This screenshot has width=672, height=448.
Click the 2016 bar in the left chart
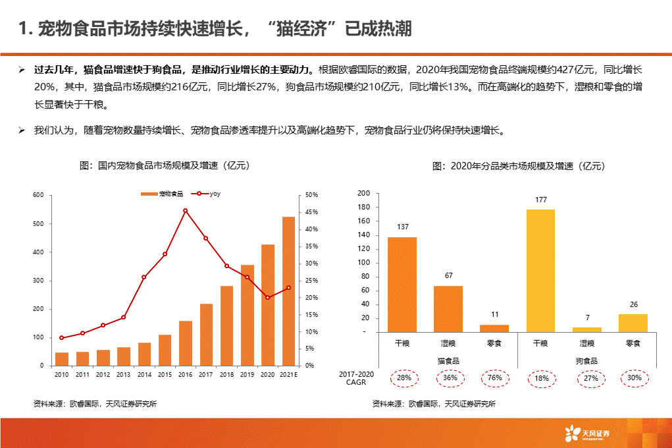186,343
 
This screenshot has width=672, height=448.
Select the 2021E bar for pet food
288,291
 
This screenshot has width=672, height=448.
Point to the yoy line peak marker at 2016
186,211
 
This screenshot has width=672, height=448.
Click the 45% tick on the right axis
311,212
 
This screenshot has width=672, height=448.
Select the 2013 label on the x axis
123,374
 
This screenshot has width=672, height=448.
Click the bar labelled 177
540,270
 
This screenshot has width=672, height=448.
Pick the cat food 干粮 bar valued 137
401,284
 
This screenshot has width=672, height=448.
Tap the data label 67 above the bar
448,275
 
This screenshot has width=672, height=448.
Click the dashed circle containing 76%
494,378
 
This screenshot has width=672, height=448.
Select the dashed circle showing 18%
540,378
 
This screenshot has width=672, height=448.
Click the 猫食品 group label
448,361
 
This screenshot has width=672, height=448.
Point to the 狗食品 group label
586,361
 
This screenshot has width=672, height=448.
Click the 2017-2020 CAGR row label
355,378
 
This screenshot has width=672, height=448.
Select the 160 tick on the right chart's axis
364,221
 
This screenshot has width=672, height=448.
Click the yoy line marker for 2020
268,298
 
